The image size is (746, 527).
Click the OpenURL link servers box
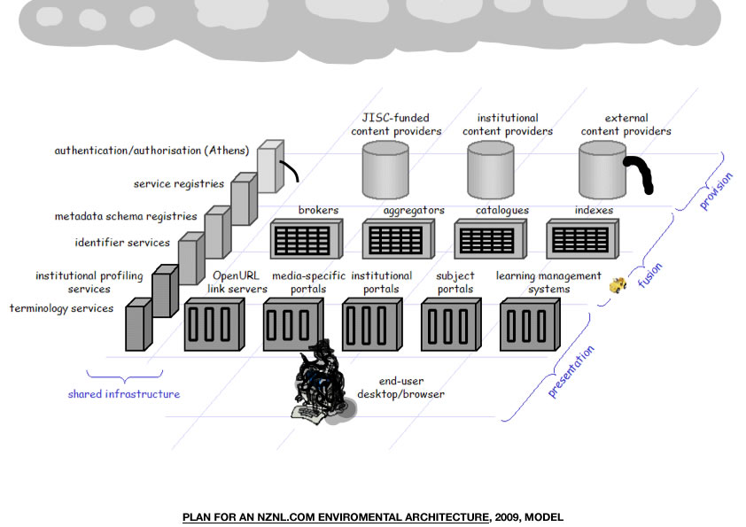click(x=214, y=324)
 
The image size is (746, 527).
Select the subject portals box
click(x=450, y=324)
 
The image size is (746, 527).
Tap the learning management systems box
click(x=530, y=324)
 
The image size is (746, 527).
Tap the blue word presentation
click(x=571, y=372)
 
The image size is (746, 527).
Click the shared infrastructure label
click(x=123, y=394)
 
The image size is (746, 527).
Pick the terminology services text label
click(x=61, y=308)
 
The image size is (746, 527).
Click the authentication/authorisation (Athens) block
click(x=270, y=167)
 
